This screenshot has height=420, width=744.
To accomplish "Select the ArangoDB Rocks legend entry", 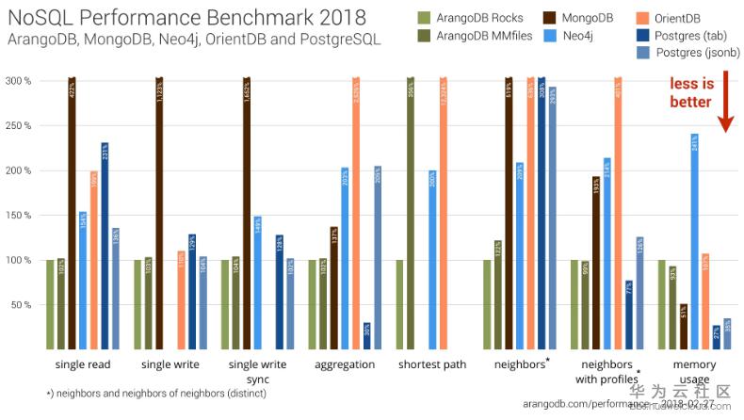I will (471, 16).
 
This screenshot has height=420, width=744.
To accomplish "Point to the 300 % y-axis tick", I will (20, 81).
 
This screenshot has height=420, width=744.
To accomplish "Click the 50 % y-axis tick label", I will (22, 305).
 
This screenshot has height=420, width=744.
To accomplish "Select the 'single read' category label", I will (82, 364).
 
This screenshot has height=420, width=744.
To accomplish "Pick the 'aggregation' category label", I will (344, 364).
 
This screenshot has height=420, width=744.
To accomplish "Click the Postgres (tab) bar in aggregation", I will (366, 335).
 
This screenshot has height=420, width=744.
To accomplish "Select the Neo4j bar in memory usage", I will (694, 241).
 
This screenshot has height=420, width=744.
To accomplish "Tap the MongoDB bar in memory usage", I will (683, 326).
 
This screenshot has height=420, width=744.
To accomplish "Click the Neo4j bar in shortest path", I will (431, 259).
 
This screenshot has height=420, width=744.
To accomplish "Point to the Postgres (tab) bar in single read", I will (105, 246).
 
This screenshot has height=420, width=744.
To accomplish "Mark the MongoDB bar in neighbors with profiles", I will (596, 263).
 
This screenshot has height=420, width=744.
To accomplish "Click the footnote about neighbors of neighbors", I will (156, 393).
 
